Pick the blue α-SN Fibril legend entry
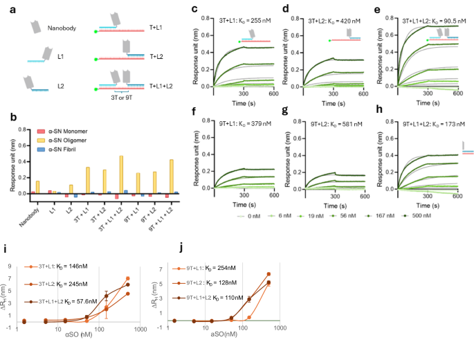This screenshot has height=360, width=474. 64,148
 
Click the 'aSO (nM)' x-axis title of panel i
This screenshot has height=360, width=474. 77,334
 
